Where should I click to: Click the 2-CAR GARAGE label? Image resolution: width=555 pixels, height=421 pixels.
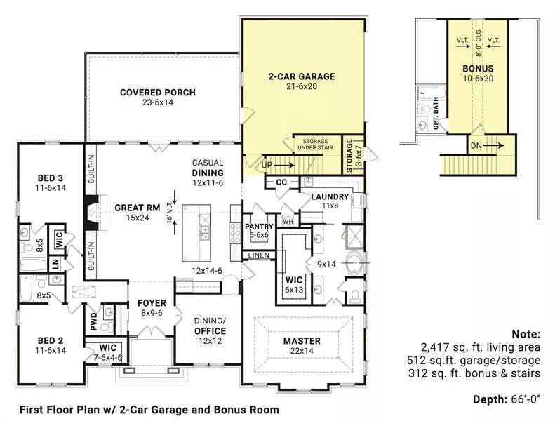302,76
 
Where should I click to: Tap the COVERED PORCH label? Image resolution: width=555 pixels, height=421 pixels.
158,93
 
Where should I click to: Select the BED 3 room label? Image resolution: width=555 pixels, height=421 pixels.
51,178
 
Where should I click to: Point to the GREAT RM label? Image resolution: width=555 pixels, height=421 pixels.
138,208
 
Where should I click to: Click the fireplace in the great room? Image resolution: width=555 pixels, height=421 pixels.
91,213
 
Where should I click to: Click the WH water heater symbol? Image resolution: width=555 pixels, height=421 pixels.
288,222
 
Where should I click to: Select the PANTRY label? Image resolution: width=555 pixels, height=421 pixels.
259,227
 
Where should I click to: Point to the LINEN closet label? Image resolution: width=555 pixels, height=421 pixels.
258,255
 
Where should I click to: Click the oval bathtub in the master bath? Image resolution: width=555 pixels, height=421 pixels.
354,263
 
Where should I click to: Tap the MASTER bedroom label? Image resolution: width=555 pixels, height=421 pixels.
302,341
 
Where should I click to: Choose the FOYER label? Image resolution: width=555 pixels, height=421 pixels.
152,303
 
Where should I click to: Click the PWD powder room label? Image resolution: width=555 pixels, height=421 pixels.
93,321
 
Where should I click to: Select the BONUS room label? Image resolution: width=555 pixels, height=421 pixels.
478,68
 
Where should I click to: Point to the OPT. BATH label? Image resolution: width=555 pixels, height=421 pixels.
436,113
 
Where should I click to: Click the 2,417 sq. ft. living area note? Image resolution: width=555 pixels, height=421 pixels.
481,347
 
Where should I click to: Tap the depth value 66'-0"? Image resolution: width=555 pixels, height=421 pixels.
526,400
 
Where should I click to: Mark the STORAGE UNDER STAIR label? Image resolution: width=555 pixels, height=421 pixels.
315,144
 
